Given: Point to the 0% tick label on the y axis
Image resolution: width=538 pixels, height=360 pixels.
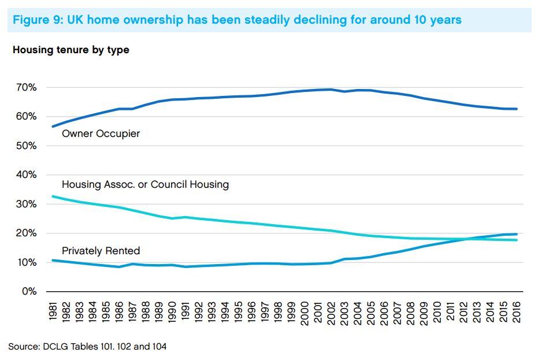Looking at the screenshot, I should pos(28,291).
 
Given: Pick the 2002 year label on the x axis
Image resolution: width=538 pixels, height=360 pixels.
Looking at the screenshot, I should pos(331,313).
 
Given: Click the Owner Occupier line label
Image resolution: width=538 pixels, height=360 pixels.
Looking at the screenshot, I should pos(101,134).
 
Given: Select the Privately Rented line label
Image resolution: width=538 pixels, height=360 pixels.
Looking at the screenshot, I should pos(101,251).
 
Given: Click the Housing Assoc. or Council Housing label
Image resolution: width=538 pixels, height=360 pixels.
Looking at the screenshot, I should pos(145,185).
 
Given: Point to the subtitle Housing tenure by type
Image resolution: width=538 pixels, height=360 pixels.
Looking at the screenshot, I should pos(71,50).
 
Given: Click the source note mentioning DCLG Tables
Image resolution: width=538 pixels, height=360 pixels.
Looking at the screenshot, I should pos(87,346).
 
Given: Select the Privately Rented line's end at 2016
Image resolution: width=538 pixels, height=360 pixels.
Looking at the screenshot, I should pos(516,234).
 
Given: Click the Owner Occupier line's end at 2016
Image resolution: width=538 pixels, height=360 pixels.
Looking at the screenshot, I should pos(516,109).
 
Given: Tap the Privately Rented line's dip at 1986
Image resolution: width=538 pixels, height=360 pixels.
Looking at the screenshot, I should pos(120,267).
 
